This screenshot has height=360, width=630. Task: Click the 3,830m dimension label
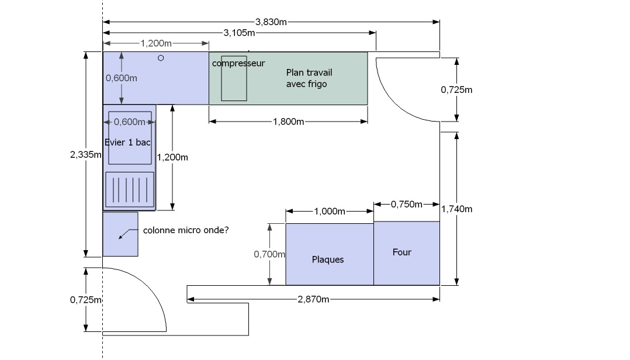coord(271,22)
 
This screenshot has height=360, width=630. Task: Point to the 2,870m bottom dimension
coord(313,299)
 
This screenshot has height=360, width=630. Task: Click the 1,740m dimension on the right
coord(456,209)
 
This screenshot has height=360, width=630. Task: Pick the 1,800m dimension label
coord(288,122)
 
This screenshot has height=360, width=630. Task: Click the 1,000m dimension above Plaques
coord(329,211)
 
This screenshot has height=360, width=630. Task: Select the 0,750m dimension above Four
coord(406,204)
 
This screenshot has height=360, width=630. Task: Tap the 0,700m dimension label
coord(269,254)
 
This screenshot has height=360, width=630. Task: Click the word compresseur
coord(238,63)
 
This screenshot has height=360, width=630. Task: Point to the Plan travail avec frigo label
coord(309,78)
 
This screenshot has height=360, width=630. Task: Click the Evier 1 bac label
coord(128,142)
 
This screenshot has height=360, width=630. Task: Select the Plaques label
coord(328,259)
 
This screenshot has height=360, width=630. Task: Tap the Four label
coord(401,252)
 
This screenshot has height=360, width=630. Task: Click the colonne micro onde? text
coord(186,230)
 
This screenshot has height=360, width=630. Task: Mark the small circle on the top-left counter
coord(161,58)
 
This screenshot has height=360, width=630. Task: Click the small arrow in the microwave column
coord(123,234)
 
